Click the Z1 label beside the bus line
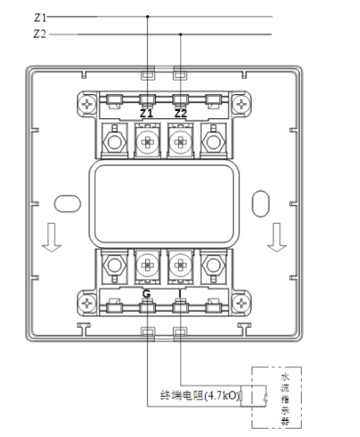[39, 16]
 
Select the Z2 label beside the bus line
[39, 34]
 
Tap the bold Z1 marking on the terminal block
[147, 115]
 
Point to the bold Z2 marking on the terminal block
[181, 115]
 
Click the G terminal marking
[147, 294]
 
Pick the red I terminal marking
[181, 294]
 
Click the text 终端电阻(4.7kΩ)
[200, 394]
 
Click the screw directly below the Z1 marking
[147, 141]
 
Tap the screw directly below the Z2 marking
[181, 141]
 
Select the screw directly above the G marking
[147, 266]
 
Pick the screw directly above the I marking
[181, 266]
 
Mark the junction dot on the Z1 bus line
[147, 16]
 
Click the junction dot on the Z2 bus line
[181, 34]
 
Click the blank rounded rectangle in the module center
[164, 203]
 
